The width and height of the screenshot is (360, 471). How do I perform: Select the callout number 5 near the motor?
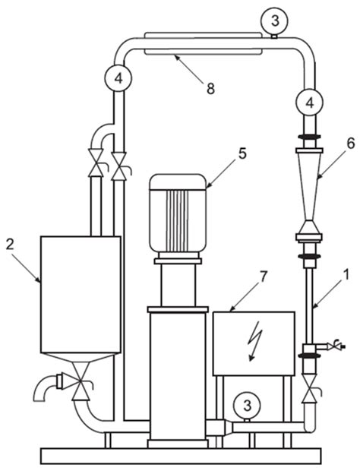click(x=242, y=153)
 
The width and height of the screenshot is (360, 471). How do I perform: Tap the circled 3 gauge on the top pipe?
click(x=275, y=17)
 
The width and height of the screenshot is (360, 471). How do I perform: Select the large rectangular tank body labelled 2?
click(x=80, y=292)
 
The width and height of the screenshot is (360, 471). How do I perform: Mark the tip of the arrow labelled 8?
click(x=172, y=54)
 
